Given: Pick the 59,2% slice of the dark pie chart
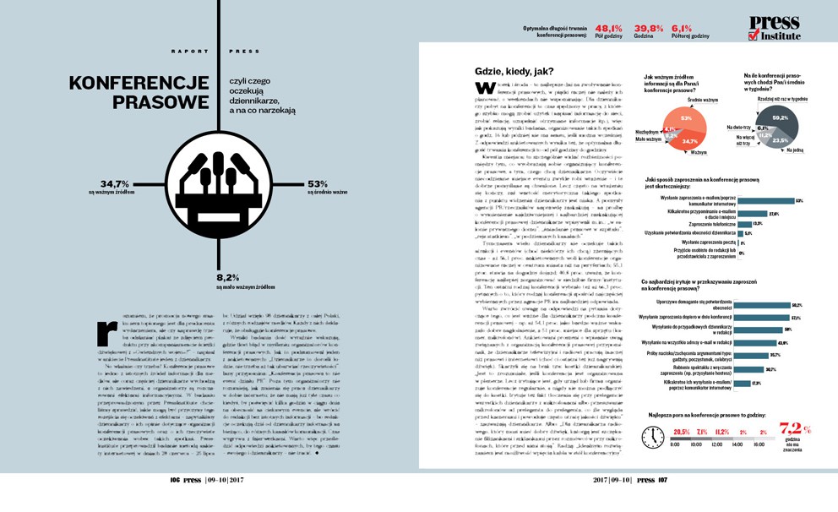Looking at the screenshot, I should (x=780, y=117).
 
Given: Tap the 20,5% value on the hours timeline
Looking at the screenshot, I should (x=682, y=432).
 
